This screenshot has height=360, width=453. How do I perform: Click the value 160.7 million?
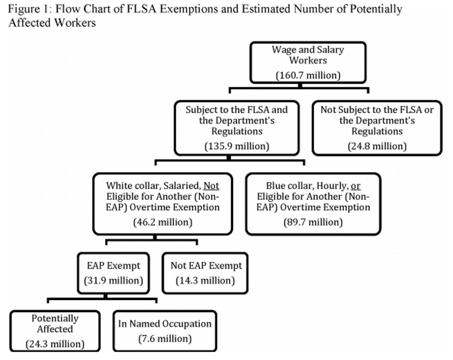tap(308, 75)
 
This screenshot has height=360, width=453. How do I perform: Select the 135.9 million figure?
tap(237, 146)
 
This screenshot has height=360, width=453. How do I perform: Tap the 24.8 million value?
tap(377, 146)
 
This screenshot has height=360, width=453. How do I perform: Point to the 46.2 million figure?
tap(163, 222)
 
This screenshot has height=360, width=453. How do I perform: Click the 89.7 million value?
tap(313, 222)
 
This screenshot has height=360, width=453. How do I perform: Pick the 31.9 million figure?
tap(114, 281)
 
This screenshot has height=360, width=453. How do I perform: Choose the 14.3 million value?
tap(205, 281)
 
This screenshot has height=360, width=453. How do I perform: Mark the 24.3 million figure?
tap(55, 344)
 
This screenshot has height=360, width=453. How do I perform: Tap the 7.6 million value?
tap(165, 339)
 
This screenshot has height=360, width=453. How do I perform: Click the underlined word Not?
tap(211, 186)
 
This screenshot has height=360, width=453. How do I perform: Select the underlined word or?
tap(355, 186)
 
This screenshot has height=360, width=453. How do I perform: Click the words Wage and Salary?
tap(308, 50)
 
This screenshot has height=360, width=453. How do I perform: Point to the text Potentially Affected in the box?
tap(55, 323)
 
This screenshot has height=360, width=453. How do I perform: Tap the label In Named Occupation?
tap(165, 323)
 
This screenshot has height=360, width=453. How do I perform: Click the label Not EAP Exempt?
tap(206, 266)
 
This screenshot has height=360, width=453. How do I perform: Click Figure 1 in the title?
tap(29, 9)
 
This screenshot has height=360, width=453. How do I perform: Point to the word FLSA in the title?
tap(141, 9)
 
